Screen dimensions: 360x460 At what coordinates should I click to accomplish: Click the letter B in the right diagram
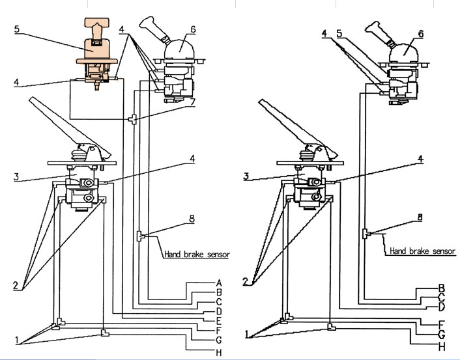pos(441,288)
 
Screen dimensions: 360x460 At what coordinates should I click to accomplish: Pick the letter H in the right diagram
pos(441,347)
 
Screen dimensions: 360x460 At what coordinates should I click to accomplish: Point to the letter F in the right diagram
pos(441,323)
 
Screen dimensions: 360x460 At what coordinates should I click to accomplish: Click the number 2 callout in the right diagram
pos(245,281)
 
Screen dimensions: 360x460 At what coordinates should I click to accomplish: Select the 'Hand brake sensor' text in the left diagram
pos(195,255)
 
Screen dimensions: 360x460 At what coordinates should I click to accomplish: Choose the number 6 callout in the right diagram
pos(420,33)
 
